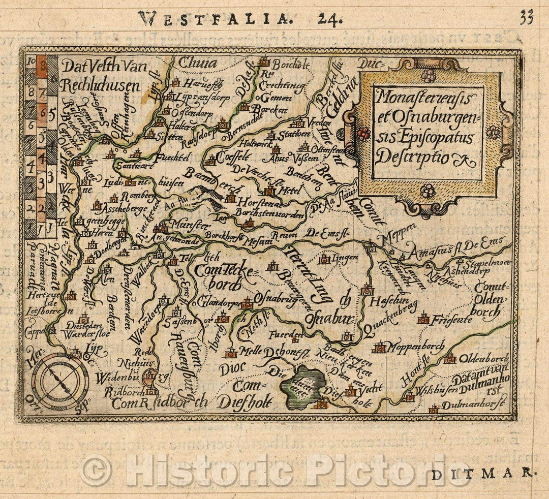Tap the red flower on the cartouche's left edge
(x=363, y=133)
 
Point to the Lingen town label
(x=345, y=259)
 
